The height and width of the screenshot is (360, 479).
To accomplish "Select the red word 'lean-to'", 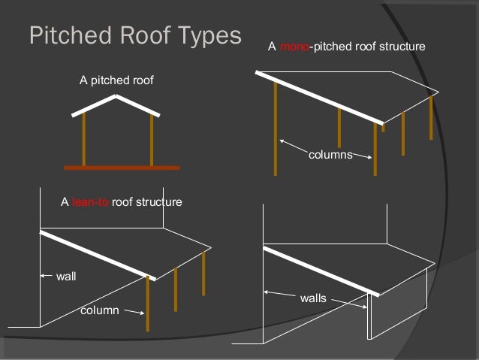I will point(90,202).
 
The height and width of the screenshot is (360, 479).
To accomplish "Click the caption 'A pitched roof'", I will point(116,80).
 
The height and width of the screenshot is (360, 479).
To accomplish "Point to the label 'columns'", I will point(330,155).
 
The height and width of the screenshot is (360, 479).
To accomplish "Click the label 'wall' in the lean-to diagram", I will point(67,277).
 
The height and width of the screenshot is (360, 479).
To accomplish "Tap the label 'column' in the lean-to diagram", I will point(99,310).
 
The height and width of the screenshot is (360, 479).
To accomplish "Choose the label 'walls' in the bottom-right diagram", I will point(313,298).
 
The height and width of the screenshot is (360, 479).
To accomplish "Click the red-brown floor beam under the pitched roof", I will point(122,167).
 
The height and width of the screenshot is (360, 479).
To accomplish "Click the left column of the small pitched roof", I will point(83,139).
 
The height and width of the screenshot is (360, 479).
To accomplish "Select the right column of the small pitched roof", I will point(152,141).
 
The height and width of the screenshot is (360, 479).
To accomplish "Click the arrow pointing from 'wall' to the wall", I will point(47,275).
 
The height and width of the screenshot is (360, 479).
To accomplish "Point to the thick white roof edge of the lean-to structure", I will point(98,256).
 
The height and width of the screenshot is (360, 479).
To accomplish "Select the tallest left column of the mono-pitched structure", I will point(276,128).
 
